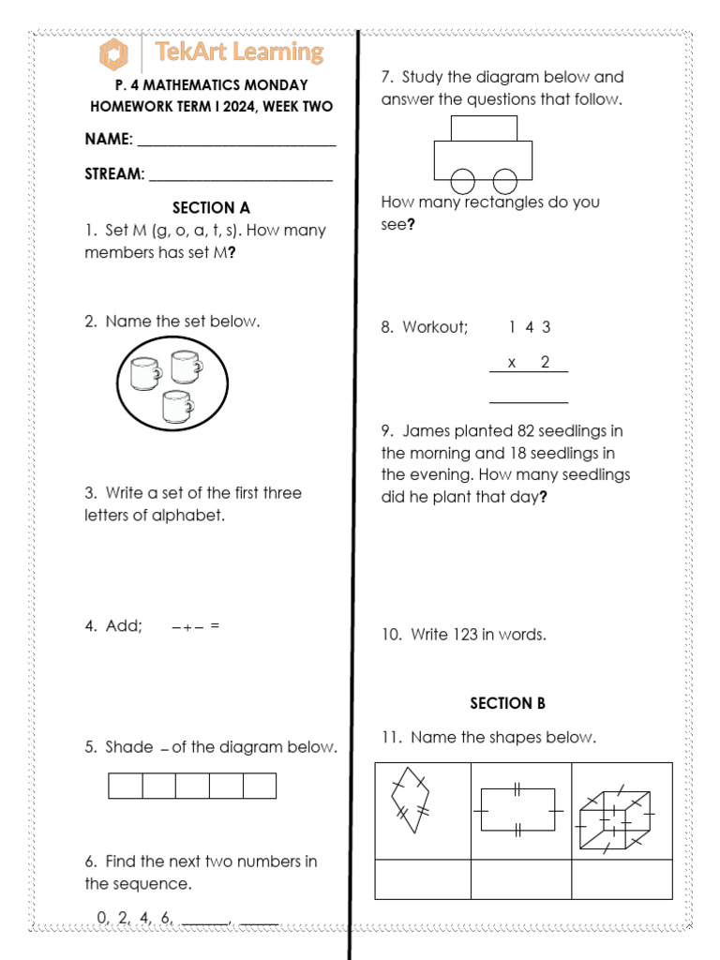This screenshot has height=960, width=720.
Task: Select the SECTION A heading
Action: point(211,208)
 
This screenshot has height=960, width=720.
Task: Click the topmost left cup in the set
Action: point(144,373)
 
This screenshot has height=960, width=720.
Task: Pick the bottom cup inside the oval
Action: point(177,407)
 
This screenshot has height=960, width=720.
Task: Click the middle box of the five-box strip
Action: point(192,786)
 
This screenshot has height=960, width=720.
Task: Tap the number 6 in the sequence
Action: point(166,919)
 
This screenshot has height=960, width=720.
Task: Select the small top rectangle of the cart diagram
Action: point(484,127)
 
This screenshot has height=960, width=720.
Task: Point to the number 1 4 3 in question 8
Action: point(529,327)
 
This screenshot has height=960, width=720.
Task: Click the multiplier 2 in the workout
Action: point(545,363)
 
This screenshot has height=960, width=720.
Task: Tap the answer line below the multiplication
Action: point(529,402)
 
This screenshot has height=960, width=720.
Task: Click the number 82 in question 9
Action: point(527,431)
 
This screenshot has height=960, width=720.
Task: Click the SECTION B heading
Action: point(507,703)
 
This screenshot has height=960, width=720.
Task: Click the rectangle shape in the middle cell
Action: point(517,808)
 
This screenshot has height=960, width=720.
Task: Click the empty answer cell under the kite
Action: point(422,879)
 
